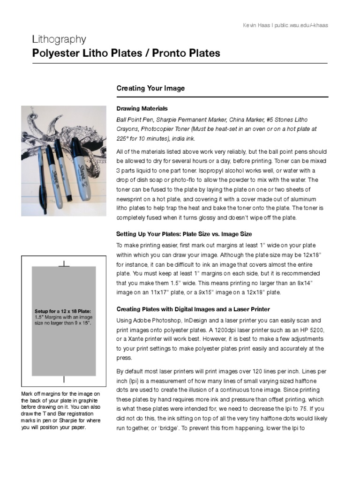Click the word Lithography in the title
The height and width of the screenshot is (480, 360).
59,39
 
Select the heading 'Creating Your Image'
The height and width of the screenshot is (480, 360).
150,88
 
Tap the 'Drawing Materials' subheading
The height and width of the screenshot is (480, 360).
142,108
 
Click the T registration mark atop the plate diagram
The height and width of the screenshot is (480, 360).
64,264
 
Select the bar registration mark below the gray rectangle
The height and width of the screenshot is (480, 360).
64,379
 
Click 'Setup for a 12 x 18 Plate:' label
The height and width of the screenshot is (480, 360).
62,311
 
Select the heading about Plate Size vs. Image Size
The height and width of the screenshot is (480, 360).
184,234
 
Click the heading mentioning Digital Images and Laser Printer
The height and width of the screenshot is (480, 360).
193,309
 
